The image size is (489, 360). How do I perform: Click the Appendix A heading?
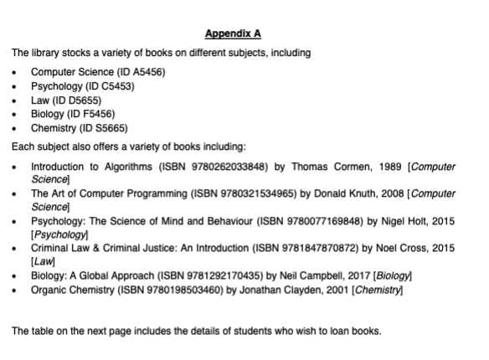pos(234,33)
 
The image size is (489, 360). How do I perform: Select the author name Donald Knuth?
pos(337,193)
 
